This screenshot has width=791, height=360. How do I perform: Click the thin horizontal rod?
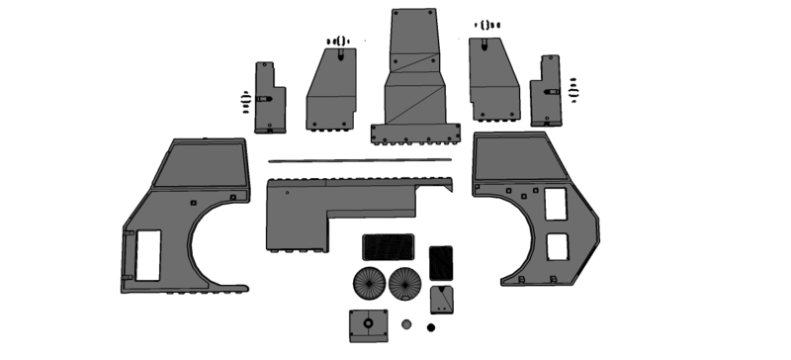pos(359,160)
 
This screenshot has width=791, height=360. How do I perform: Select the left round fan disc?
pos(371,283)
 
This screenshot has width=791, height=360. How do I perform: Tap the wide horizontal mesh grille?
pos(388,246)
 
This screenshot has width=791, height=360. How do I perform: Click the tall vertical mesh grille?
pos(441,262)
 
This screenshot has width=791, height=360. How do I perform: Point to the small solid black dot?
pos(430,326)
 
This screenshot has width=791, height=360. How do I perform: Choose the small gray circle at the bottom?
pos(405,323)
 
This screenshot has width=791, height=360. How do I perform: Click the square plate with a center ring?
pos(368,323)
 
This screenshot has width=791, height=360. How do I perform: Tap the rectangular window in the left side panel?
pos(147,254)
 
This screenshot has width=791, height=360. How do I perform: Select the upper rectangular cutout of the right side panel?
pos(556,205)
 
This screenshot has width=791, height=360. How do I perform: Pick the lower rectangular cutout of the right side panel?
pos(558,246)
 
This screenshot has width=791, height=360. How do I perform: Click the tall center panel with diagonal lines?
pos(415,69)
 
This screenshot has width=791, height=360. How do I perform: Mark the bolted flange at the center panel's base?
pos(415,133)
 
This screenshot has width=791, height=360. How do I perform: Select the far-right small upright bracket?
pos(545,91)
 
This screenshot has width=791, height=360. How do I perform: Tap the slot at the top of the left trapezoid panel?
pos(341,55)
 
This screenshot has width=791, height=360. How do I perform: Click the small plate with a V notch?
pos(441,299)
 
